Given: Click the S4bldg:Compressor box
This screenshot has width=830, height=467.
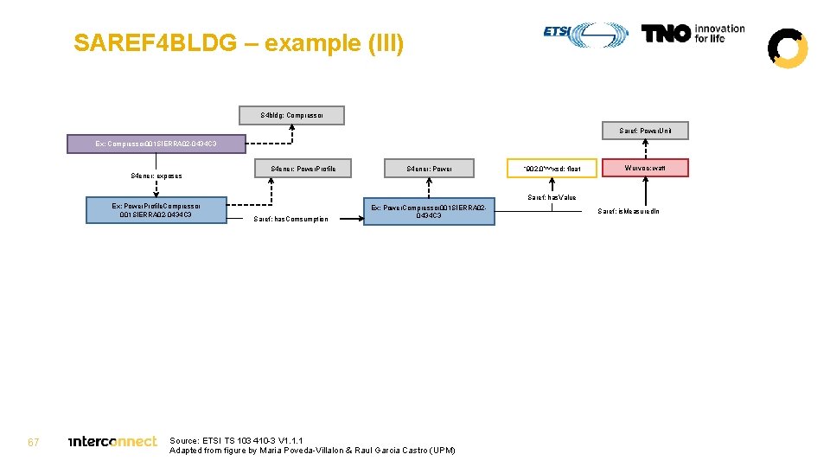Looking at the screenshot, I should coord(291,115).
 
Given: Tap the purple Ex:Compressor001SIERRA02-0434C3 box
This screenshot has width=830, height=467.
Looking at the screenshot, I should coord(156,143).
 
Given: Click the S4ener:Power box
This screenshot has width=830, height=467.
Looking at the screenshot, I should coord(429,169).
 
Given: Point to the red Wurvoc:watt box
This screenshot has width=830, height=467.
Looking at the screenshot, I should coord(645,168).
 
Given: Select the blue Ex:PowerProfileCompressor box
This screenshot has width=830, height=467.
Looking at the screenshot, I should coord(156,210).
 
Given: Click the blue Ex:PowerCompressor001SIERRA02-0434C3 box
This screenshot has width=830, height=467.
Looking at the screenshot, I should coord(429,211).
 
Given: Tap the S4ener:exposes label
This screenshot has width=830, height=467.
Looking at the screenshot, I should coord(156,176).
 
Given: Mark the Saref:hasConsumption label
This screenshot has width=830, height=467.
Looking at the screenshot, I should coord(290,219).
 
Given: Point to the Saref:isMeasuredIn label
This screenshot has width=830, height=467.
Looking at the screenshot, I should coord(628,211).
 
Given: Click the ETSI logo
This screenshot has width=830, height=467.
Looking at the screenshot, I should coord(586,34).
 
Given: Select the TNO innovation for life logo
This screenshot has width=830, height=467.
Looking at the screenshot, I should coord(693,34).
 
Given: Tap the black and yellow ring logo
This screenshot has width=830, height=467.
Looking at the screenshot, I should coord(788,48).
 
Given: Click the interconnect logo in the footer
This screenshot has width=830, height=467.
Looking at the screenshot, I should coord(113,442).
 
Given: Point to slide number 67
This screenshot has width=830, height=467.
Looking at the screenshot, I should coord(34,442).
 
